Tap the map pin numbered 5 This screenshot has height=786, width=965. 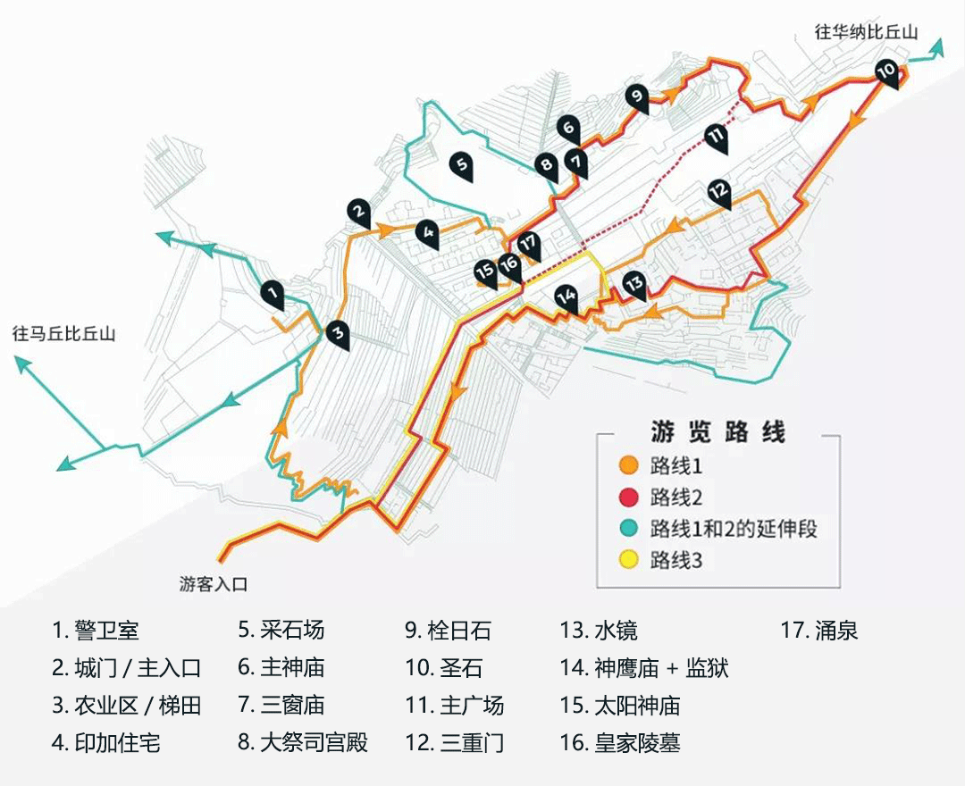[462, 167]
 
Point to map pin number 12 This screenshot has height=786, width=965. [718, 194]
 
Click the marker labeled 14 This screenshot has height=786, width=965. [566, 299]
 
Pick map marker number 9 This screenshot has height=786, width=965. [636, 98]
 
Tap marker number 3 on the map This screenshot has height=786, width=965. [337, 335]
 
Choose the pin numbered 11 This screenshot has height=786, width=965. [716, 138]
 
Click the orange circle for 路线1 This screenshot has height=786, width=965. [628, 465]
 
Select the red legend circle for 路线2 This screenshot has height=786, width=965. [628, 497]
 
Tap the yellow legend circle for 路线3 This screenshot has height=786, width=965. [628, 560]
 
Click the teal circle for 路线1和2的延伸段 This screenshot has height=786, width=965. [628, 528]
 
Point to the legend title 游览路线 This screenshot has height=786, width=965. [717, 431]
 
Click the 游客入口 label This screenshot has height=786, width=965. [213, 583]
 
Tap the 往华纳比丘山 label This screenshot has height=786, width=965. [866, 32]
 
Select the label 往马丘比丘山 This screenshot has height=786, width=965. [64, 334]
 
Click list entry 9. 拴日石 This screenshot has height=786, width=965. [448, 631]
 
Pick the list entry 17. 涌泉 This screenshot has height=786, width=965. [819, 631]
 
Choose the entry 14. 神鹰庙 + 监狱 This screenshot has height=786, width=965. [644, 668]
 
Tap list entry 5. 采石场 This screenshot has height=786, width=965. [281, 631]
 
